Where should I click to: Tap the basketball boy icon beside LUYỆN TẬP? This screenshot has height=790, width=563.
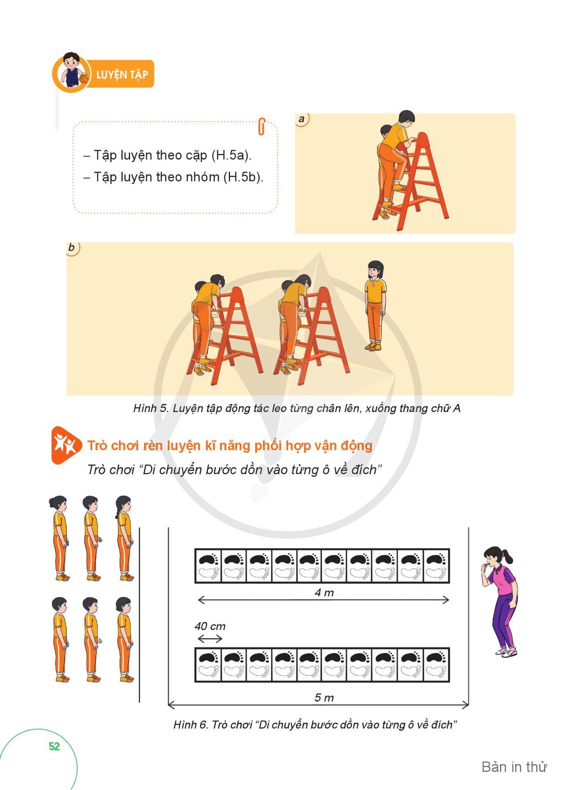[72, 72]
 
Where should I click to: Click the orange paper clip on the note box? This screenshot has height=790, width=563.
[261, 126]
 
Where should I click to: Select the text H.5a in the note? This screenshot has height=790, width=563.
[230, 155]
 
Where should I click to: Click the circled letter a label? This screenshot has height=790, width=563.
[302, 119]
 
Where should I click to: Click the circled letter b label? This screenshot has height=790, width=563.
[72, 248]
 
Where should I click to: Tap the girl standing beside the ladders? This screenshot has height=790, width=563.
[375, 306]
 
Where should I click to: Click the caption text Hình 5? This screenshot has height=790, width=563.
[151, 408]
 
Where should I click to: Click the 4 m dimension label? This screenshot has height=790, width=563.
[324, 593]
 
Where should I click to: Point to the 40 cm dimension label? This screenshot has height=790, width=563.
[210, 626]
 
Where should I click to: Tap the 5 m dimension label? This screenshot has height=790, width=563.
[324, 697]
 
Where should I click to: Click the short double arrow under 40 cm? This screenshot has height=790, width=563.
[210, 639]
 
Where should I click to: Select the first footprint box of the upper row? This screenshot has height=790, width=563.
[208, 566]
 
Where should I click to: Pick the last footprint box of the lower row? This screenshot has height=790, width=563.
[436, 665]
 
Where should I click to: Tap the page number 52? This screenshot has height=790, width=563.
[54, 746]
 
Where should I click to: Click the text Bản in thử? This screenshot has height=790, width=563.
[514, 767]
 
